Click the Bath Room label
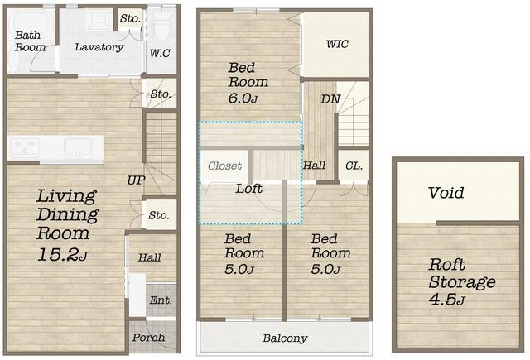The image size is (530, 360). click(x=30, y=41)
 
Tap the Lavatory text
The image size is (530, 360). click(x=99, y=47)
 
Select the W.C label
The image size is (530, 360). click(x=160, y=53)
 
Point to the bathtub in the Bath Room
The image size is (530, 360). click(x=31, y=20)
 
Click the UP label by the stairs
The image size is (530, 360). click(x=136, y=180)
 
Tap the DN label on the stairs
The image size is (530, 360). click(x=330, y=99)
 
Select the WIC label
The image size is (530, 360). click(x=337, y=44)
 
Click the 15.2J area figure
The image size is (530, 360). click(x=63, y=255)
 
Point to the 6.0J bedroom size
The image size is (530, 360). click(x=243, y=98)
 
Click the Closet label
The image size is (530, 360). click(x=224, y=166)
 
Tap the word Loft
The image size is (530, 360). click(x=249, y=189)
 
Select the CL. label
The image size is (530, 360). click(x=354, y=166)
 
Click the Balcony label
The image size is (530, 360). click(x=285, y=338)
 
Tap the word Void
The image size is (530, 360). click(x=446, y=193)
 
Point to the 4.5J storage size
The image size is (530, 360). click(x=447, y=300)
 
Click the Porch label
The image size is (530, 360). click(x=149, y=337)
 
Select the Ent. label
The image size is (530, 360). click(x=161, y=300)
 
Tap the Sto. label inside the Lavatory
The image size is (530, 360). click(x=130, y=18)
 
